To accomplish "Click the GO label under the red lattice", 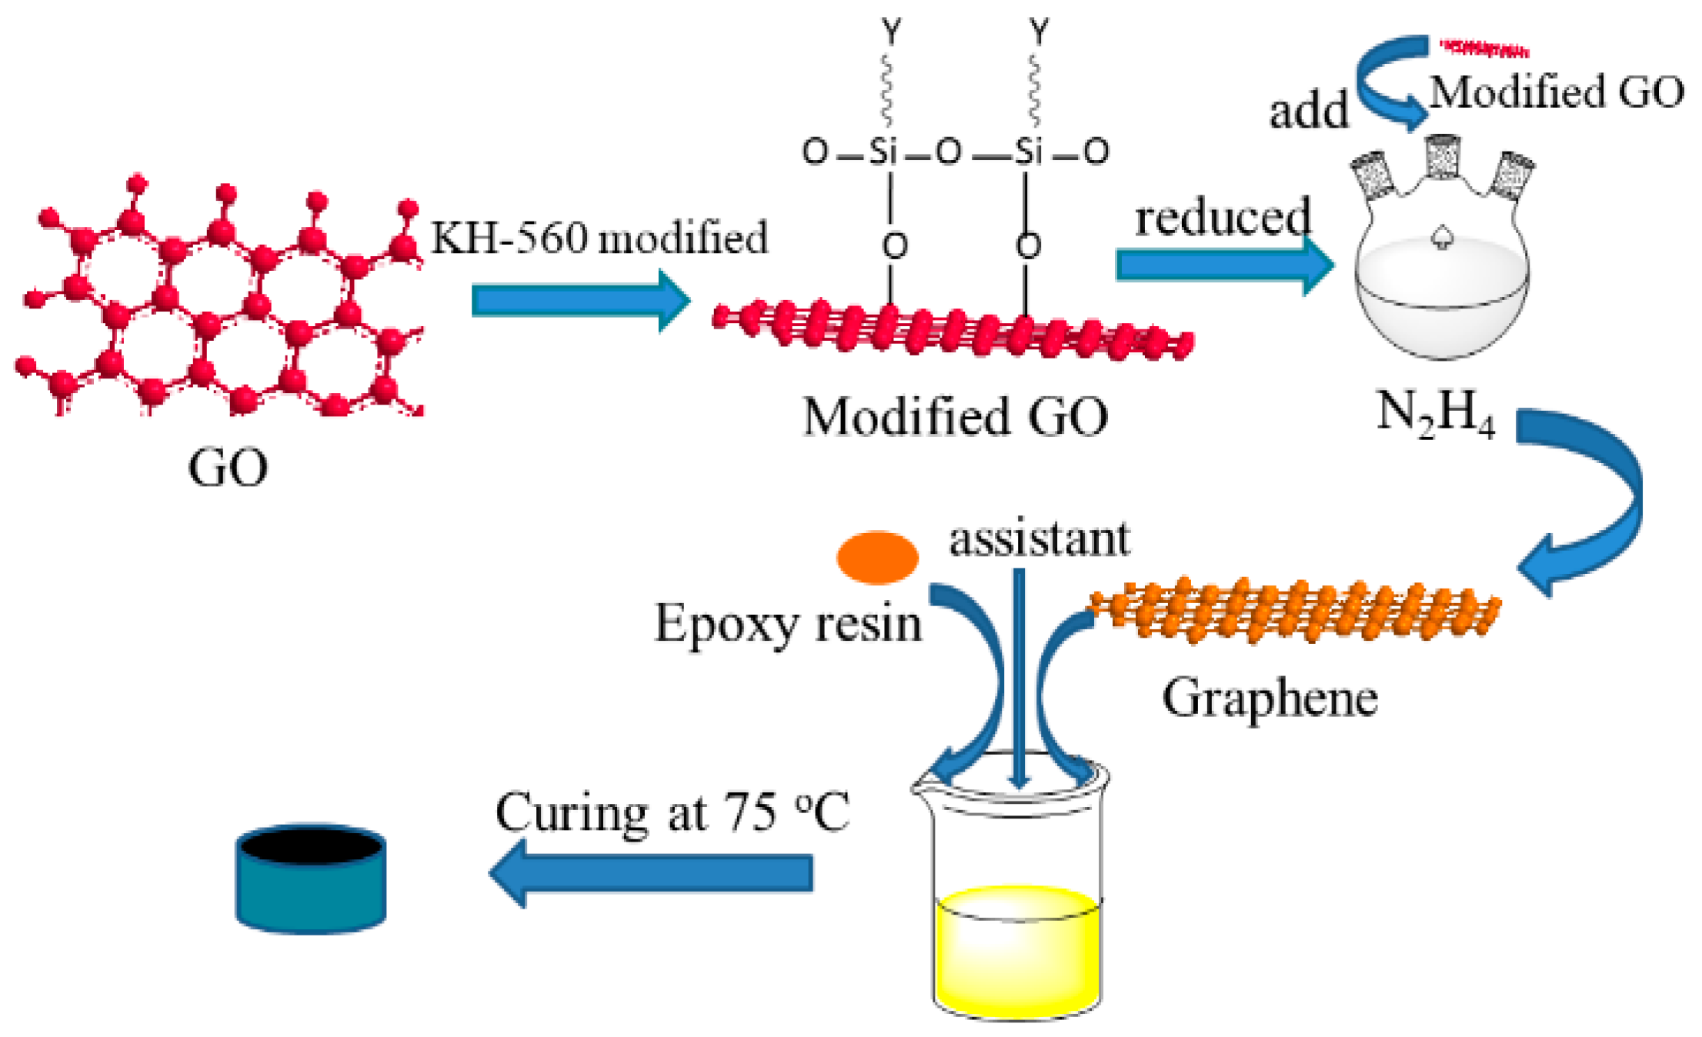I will [228, 467].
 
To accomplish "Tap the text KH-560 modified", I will [599, 238].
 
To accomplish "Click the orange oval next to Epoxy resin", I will [877, 557].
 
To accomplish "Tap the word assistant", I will [1040, 539].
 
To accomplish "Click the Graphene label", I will [1270, 699].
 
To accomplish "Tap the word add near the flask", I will [1308, 112].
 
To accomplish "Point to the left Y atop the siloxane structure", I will [890, 32].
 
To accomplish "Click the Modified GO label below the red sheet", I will [955, 418].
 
